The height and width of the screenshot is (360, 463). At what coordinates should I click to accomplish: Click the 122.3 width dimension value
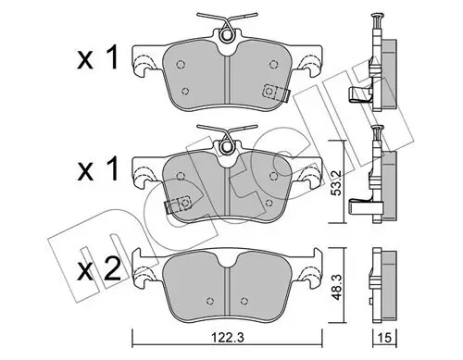[x=228, y=338]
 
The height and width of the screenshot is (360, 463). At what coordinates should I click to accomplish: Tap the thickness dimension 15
[x=384, y=338]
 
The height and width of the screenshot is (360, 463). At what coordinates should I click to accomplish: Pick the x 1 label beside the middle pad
[x=97, y=168]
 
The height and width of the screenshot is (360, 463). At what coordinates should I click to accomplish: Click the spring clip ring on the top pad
[x=227, y=35]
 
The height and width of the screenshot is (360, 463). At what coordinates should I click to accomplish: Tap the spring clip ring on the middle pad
[x=227, y=146]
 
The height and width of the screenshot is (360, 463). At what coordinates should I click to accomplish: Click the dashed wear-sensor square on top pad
[x=269, y=92]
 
